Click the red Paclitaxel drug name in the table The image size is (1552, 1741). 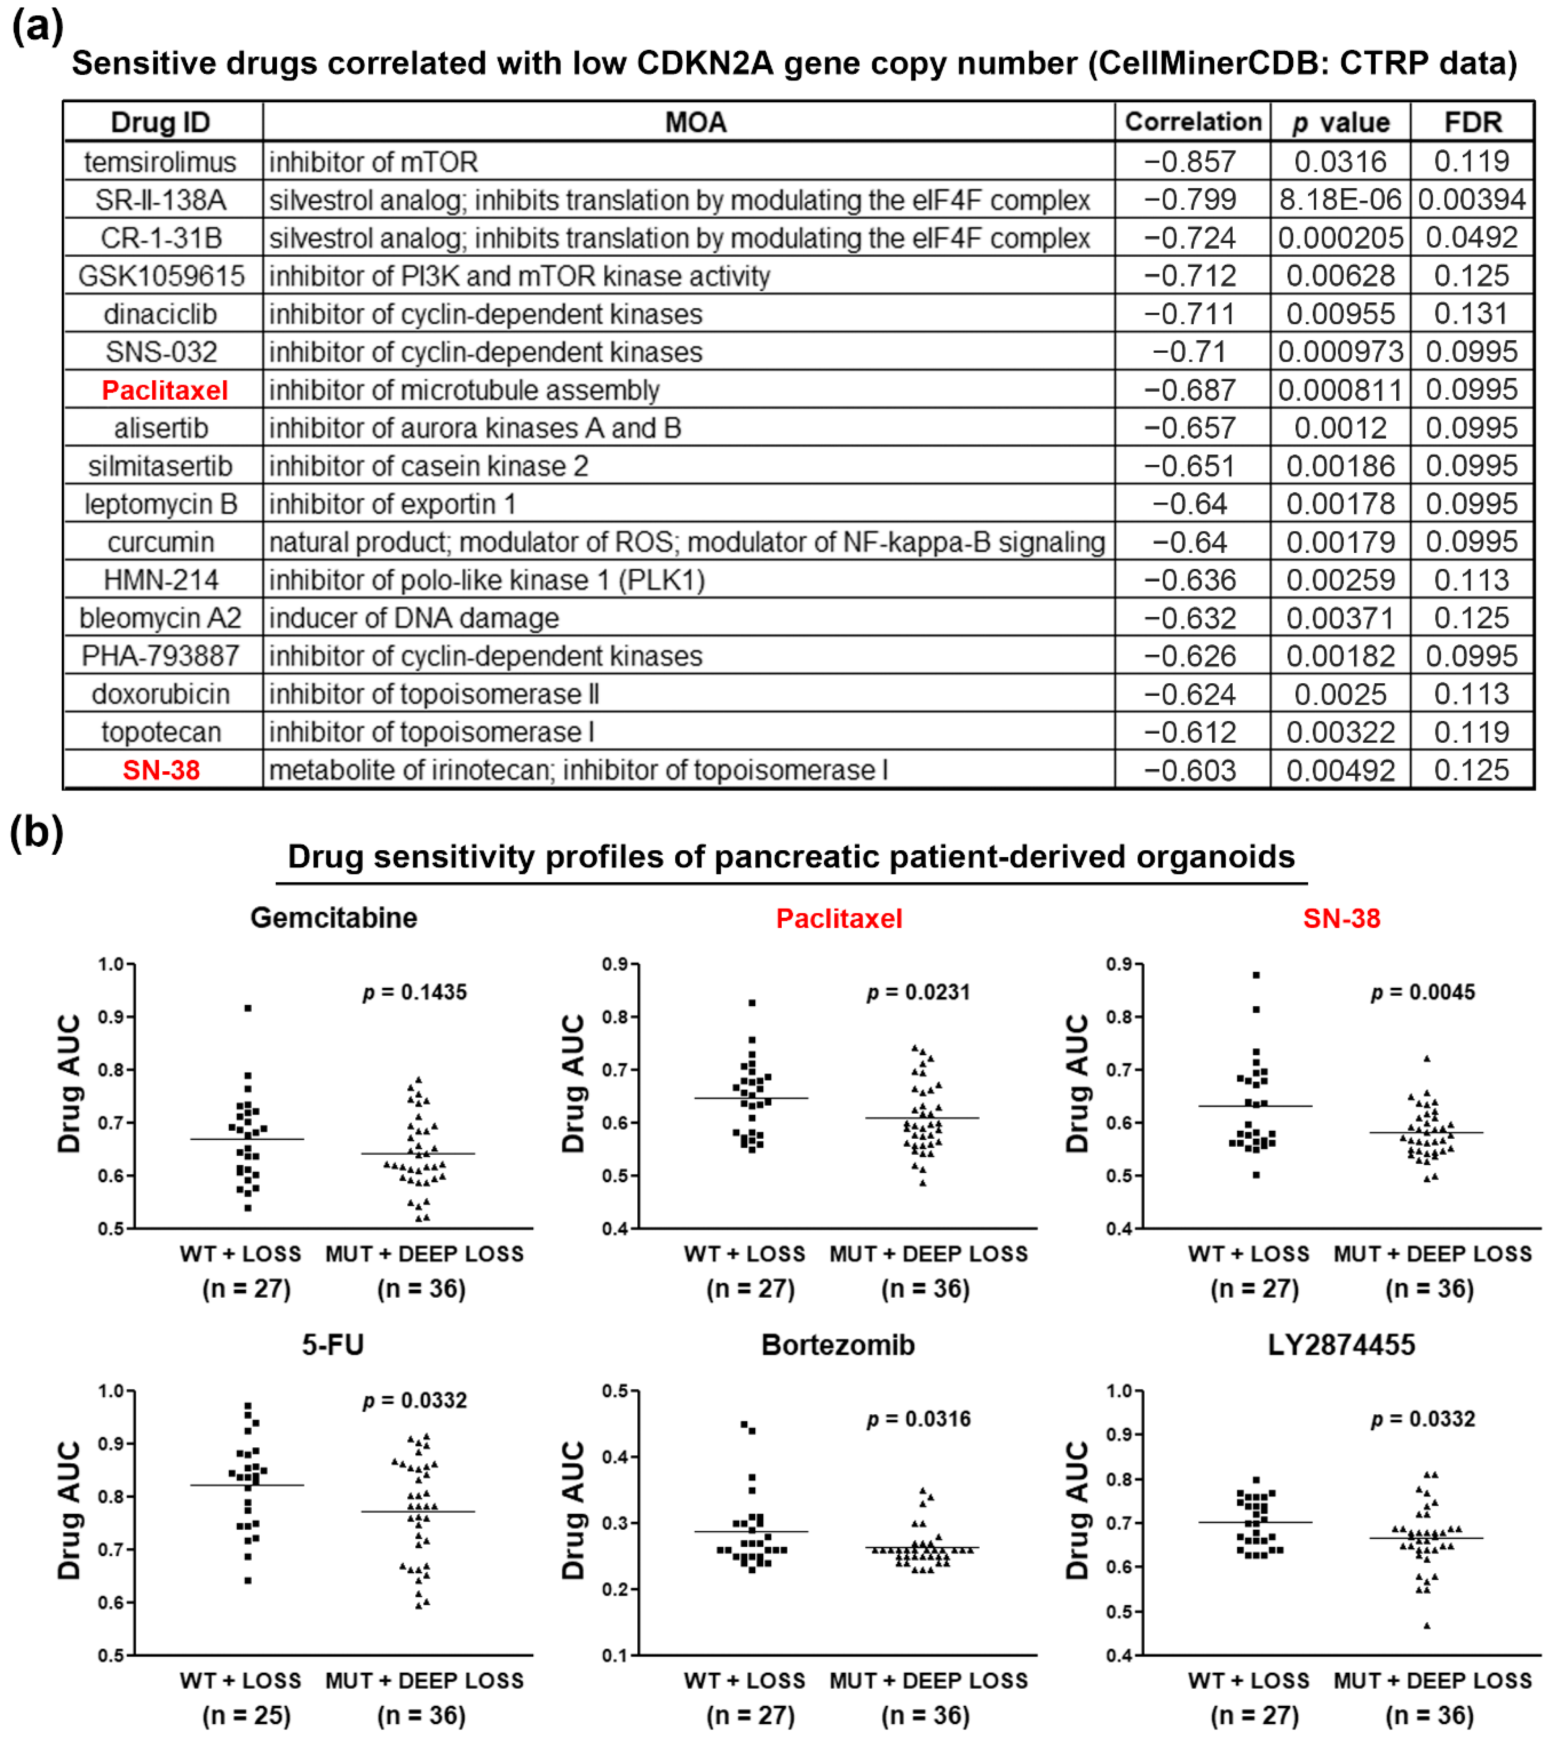[164, 390]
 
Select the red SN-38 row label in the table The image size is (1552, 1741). [161, 770]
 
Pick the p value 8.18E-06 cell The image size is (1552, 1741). [1340, 200]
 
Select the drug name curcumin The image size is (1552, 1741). [161, 542]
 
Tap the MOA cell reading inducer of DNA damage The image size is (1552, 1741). [415, 618]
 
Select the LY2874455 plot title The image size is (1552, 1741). [1341, 1345]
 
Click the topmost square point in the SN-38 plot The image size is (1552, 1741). [1256, 975]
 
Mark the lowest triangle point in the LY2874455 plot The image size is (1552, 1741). [1427, 1625]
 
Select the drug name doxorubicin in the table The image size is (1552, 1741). [161, 694]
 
